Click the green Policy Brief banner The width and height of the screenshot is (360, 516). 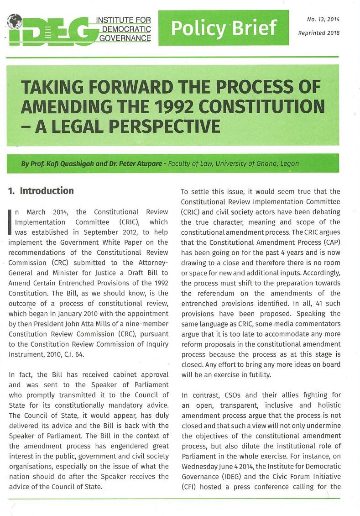click(224, 28)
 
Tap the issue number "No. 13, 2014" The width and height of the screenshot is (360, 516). click(318, 19)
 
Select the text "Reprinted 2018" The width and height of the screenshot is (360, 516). click(318, 33)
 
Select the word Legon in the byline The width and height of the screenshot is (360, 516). click(290, 163)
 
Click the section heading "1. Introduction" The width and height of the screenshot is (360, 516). click(41, 191)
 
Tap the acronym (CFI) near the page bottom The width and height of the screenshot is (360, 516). click(189, 486)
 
